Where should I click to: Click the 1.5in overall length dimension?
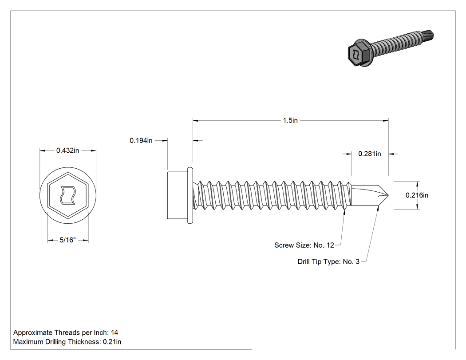point(290,120)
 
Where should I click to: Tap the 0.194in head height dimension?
point(141,141)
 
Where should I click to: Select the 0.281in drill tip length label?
point(369,154)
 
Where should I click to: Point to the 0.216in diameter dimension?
point(417,195)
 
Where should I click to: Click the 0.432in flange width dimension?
point(68,150)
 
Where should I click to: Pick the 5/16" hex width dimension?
point(68,240)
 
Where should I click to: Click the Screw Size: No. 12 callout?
point(304,245)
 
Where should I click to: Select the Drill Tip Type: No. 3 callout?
point(328,261)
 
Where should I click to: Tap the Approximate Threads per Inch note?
point(66,332)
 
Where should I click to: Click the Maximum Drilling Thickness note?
point(67,342)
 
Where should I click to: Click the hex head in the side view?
point(178,195)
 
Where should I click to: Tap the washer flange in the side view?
point(190,195)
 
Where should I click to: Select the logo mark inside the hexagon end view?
point(68,195)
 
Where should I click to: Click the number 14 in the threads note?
point(115,332)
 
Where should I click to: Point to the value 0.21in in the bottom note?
point(112,342)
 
